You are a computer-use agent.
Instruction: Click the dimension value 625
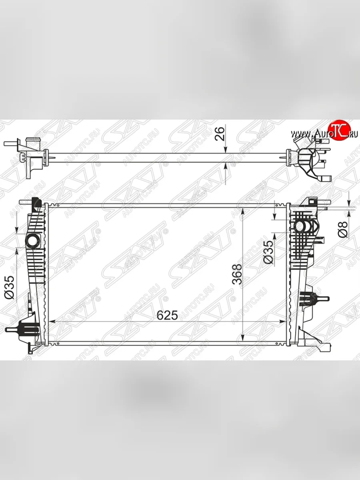pos(167,316)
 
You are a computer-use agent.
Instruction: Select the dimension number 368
pos(237,274)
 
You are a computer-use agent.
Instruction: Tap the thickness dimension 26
pos(220,134)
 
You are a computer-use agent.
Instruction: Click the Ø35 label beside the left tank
pos(10,287)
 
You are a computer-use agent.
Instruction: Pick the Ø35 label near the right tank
pos(269,252)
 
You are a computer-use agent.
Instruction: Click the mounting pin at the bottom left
pos(14,330)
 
